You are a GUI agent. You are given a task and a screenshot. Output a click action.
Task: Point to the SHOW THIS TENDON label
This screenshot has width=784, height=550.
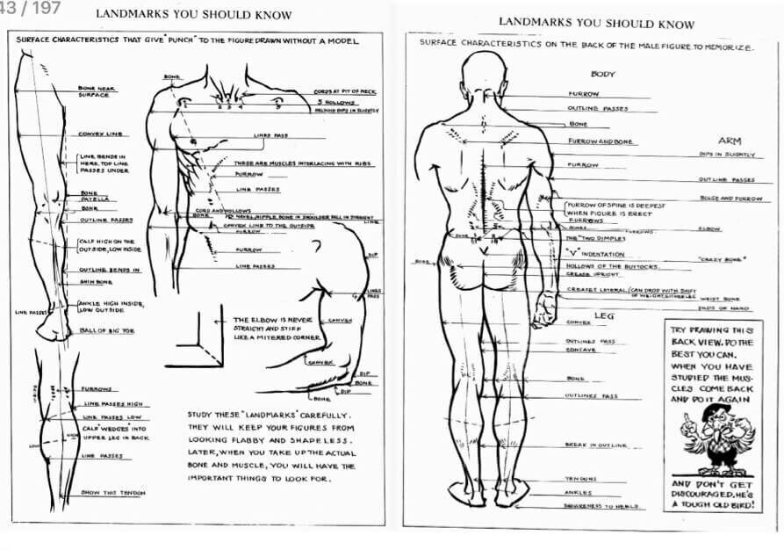112,493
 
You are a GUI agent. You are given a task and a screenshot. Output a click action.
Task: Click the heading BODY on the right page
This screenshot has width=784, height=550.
603,75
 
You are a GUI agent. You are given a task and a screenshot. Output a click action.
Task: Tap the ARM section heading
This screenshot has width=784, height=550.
730,141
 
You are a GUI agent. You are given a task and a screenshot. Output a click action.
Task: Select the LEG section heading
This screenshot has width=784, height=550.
602,314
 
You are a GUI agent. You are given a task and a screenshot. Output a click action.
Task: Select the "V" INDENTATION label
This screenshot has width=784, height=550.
596,254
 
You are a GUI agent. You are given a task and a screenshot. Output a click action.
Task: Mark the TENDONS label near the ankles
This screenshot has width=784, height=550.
580,479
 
